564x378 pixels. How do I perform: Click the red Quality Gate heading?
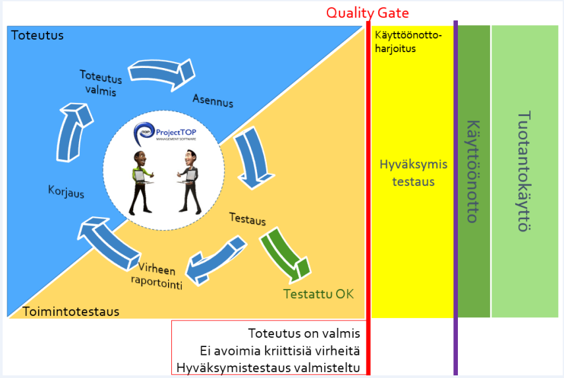[367, 13]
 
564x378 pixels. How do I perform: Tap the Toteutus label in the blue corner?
[37, 35]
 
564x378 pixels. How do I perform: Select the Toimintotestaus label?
[71, 311]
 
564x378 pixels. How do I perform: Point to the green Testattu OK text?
[318, 294]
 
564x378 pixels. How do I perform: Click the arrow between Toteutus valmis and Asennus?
[162, 74]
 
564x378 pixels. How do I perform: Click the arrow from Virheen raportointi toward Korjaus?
[108, 243]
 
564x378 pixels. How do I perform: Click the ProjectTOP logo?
[165, 133]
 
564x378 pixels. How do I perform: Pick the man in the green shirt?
[142, 182]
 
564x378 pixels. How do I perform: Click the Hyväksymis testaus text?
[413, 173]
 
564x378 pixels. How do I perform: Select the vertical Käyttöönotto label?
[473, 172]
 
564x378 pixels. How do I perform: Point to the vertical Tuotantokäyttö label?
[524, 172]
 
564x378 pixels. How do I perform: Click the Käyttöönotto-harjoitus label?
[408, 42]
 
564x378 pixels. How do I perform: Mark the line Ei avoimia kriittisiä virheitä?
[280, 350]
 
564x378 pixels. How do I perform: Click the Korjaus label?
[66, 191]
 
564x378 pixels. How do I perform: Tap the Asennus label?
[213, 100]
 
